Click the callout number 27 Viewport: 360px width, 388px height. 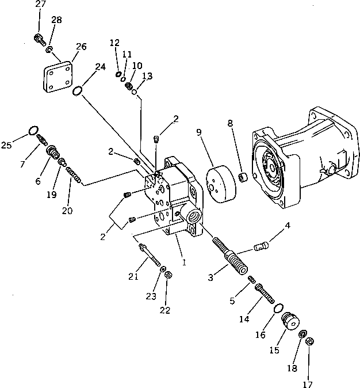tap(40, 5)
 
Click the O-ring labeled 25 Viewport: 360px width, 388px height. tap(33, 130)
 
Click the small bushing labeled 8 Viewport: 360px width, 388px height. tap(243, 175)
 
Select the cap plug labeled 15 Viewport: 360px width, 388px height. tap(294, 320)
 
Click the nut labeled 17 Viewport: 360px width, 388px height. tap(309, 341)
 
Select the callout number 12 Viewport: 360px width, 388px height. tap(114, 43)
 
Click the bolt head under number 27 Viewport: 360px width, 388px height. tap(39, 39)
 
